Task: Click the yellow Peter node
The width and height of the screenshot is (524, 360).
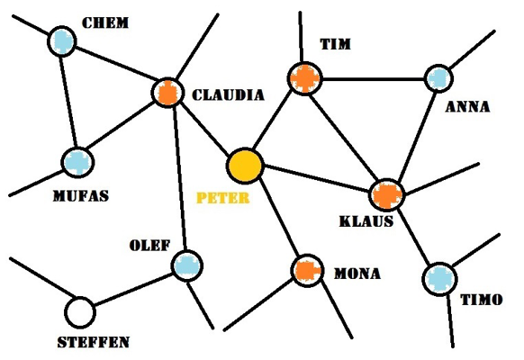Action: click(x=245, y=166)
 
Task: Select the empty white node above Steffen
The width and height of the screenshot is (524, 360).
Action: click(x=80, y=312)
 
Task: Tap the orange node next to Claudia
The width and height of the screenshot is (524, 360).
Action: click(x=167, y=93)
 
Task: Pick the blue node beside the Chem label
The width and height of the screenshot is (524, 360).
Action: click(x=62, y=41)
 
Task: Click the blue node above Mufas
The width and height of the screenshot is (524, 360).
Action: click(x=77, y=162)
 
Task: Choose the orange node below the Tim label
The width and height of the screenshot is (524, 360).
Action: click(x=305, y=79)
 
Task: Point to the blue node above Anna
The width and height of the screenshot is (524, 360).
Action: click(x=438, y=78)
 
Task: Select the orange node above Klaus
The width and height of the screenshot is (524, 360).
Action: click(x=387, y=195)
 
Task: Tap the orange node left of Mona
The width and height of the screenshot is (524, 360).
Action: click(x=307, y=271)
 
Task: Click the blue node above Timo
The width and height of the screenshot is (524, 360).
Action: click(x=439, y=279)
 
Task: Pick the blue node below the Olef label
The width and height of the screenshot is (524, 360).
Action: click(x=187, y=265)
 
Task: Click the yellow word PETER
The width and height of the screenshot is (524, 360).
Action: click(x=223, y=198)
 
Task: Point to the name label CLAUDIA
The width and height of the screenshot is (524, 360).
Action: click(x=229, y=95)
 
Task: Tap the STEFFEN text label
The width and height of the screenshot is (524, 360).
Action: click(x=94, y=342)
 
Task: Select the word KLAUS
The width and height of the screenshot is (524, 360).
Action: click(x=366, y=221)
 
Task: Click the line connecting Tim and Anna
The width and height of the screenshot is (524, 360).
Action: click(x=374, y=79)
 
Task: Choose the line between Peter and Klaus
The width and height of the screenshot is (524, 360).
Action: click(x=317, y=178)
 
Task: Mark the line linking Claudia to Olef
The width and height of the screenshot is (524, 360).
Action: click(x=179, y=179)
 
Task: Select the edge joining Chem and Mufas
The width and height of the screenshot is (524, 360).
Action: click(x=68, y=102)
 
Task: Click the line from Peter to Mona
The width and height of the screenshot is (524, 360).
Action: click(x=279, y=218)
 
